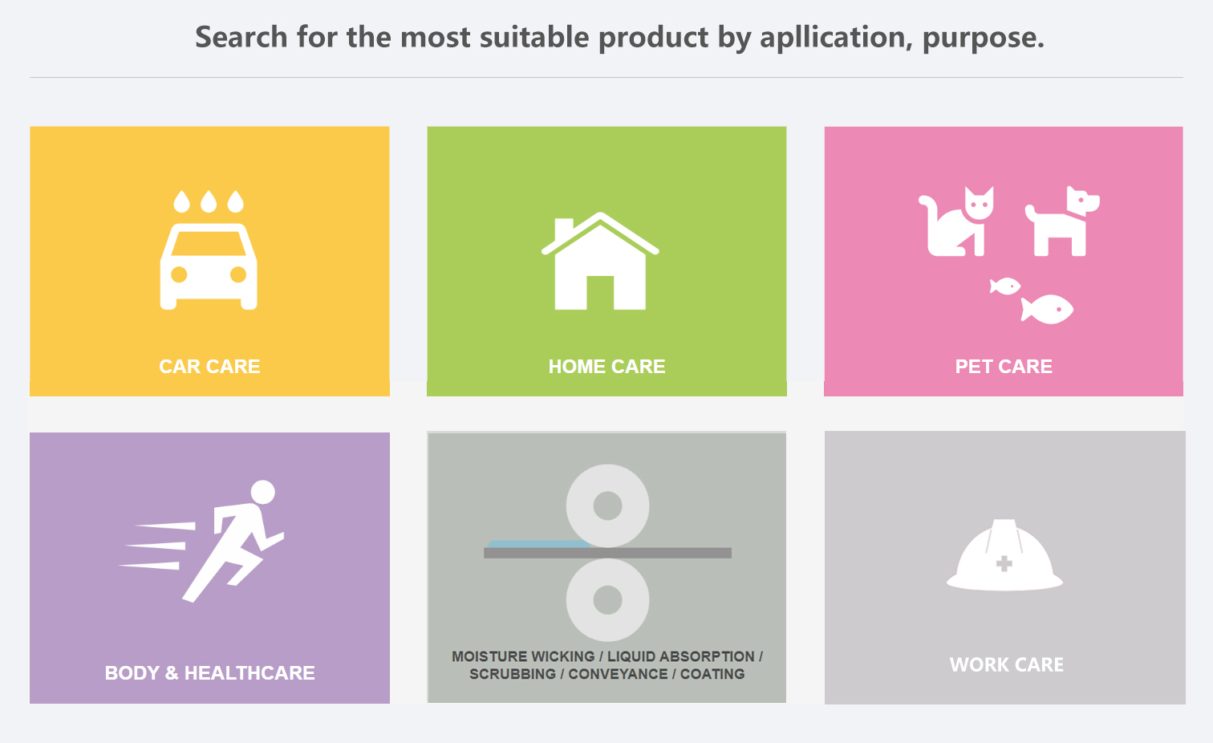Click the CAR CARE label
click(x=209, y=367)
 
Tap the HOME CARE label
click(x=606, y=367)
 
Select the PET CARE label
click(x=1004, y=367)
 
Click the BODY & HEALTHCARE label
click(x=209, y=672)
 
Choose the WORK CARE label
click(x=1006, y=664)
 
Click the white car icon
click(x=209, y=266)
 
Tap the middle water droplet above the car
click(x=209, y=201)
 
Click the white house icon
click(x=600, y=261)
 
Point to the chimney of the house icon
click(x=564, y=229)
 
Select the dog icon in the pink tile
click(x=1062, y=221)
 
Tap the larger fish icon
click(x=1047, y=309)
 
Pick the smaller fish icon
click(x=1005, y=286)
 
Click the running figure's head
click(x=262, y=493)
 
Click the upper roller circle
click(x=607, y=505)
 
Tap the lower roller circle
click(x=607, y=600)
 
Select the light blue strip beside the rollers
click(x=539, y=544)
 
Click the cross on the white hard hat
click(x=1004, y=564)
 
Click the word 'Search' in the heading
click(x=241, y=38)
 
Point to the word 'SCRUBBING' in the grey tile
click(x=513, y=674)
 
